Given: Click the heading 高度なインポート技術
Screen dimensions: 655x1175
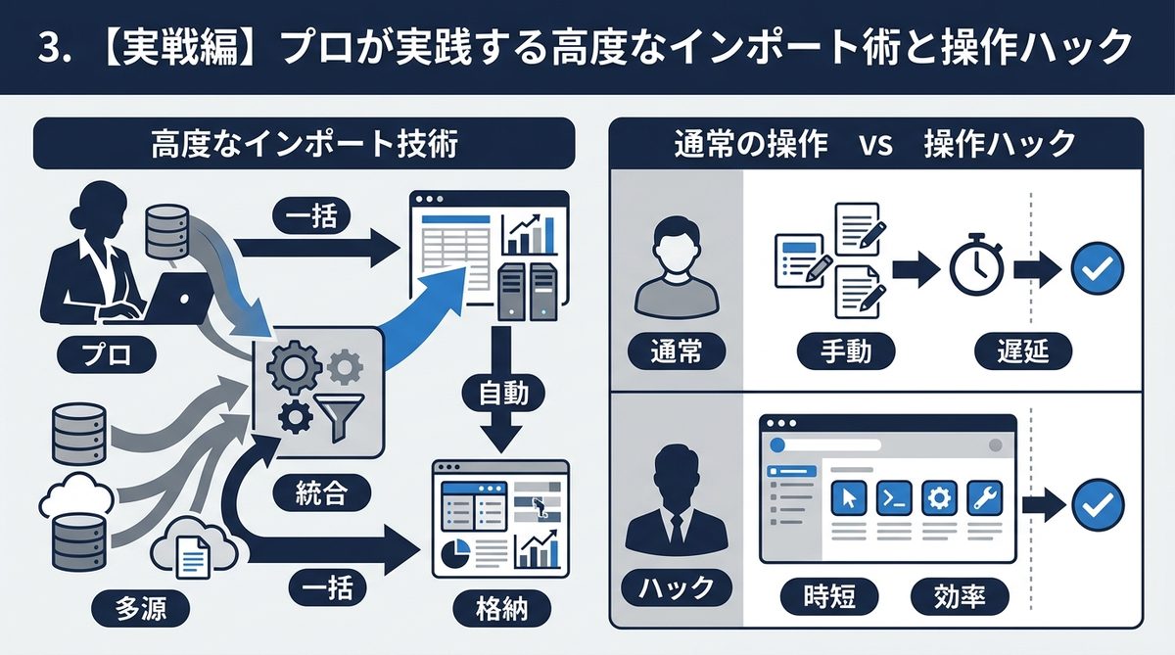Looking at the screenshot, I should [x=305, y=147].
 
